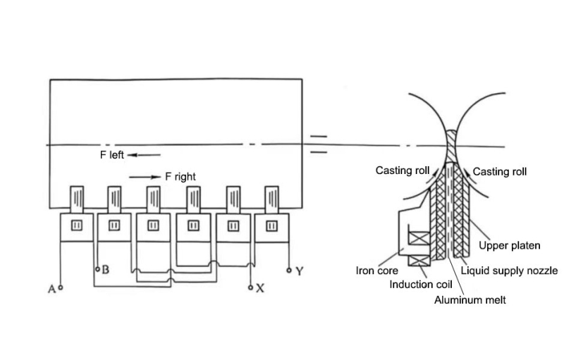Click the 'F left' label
tap(111, 154)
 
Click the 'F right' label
tap(180, 176)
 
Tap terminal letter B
tap(104, 269)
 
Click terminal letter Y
tap(299, 271)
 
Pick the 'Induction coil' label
tap(422, 285)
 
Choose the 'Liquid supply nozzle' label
tap(509, 270)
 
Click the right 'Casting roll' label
tap(500, 171)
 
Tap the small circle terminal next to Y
tap(289, 270)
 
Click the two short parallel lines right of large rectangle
tap(319, 143)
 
